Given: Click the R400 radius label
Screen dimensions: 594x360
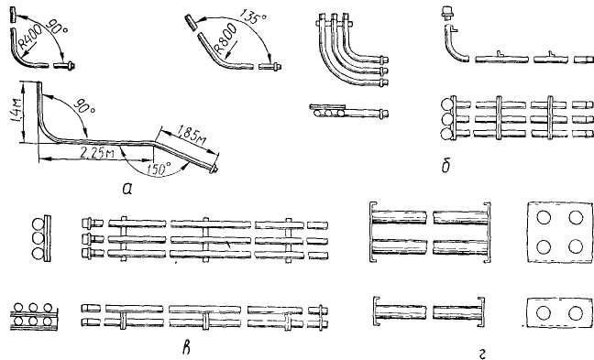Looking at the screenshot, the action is coord(30,37).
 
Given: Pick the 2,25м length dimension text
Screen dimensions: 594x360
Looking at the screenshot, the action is coord(97,153).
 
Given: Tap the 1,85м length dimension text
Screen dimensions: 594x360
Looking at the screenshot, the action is coord(192,136).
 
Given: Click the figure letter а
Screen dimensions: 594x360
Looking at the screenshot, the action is coord(127,188).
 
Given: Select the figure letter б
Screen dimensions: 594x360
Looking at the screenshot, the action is coord(445,166).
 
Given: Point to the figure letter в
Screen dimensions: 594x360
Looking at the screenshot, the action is coord(186,348).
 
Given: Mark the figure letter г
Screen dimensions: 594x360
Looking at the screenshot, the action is coord(482,354).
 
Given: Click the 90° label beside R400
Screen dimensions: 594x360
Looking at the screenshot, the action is coord(58,27).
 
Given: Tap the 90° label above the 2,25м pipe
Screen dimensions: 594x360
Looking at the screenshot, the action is coord(83,106).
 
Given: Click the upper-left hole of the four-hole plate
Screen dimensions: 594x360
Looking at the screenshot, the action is coord(544,217).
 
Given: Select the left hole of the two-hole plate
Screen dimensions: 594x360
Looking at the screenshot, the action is coord(544,313).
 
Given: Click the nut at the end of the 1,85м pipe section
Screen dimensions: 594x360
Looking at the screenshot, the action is coord(214,169).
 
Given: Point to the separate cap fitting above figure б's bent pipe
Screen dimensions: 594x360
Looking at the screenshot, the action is coord(447,13).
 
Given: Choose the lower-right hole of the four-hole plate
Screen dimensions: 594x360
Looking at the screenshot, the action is coord(576,246).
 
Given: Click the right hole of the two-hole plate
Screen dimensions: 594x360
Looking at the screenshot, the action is coord(576,313).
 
